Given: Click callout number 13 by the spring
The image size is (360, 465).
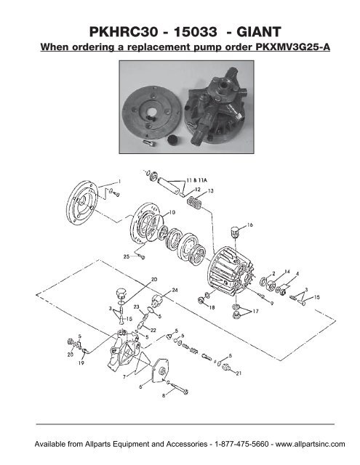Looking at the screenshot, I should click(x=212, y=190).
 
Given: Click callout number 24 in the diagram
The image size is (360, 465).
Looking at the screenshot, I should click(x=175, y=290).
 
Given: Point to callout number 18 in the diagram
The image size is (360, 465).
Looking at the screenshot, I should click(x=213, y=308).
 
